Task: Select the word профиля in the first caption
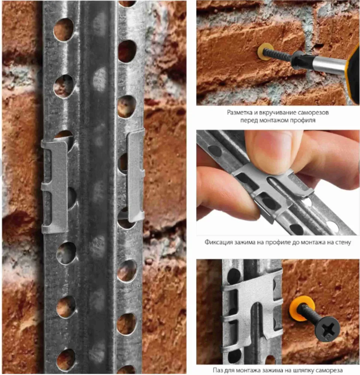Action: pyautogui.click(x=303, y=120)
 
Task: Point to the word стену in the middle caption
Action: pyautogui.click(x=343, y=242)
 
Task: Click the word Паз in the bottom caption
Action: pyautogui.click(x=218, y=370)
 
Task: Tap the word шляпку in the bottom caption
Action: pyautogui.click(x=303, y=370)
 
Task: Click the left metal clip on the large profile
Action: pyautogui.click(x=54, y=186)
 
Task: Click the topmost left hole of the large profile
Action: pyautogui.click(x=64, y=29)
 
